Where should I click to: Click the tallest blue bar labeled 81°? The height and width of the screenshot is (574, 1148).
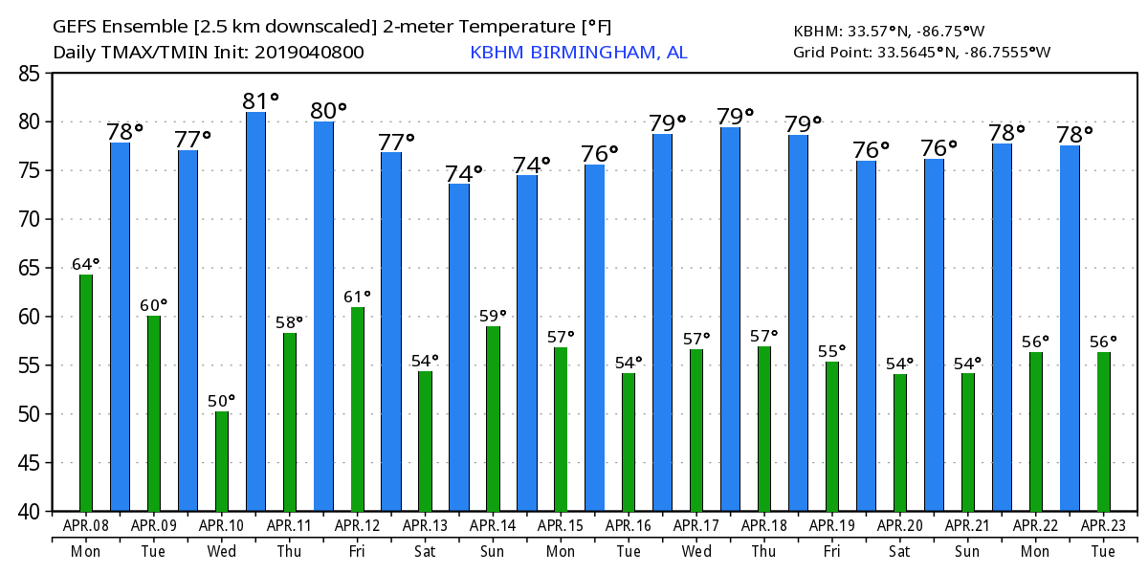(x=255, y=311)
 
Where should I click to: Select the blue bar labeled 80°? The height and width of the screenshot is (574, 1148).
(x=323, y=316)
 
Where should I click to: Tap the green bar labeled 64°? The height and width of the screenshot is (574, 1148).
(x=86, y=392)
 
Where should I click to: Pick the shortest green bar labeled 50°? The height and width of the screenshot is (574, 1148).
(x=222, y=461)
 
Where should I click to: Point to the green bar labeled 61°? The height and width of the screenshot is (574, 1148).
(x=358, y=408)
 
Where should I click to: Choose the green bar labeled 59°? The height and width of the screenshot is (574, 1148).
(x=493, y=418)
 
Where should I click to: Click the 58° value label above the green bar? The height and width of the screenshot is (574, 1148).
(x=290, y=322)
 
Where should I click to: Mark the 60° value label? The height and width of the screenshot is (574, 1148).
(x=154, y=305)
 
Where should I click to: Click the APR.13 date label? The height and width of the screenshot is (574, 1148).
(x=425, y=525)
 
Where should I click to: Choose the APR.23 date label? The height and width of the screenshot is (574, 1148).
(x=1103, y=525)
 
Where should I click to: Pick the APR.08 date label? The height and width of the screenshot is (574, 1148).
(x=86, y=525)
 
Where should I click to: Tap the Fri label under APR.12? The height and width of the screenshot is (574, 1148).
(x=358, y=551)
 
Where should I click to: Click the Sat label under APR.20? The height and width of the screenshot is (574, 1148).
(x=900, y=551)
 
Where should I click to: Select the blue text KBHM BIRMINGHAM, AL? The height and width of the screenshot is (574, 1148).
(x=578, y=52)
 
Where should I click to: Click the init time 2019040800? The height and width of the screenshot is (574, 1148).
(x=308, y=52)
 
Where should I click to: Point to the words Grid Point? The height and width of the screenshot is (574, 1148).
(x=828, y=52)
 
